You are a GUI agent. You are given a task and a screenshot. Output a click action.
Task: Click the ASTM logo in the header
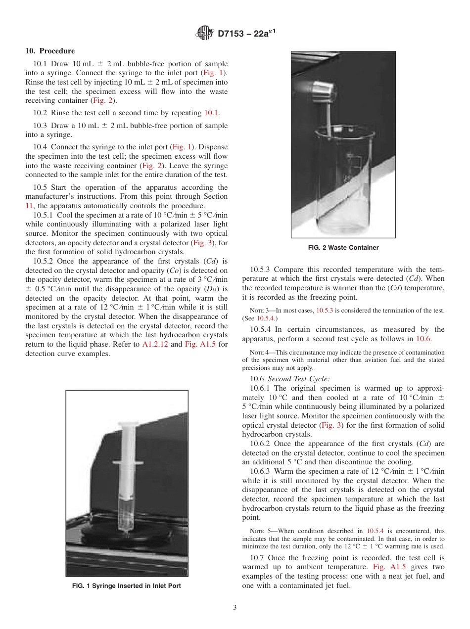204,34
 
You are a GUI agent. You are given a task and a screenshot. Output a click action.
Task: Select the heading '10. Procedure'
50,51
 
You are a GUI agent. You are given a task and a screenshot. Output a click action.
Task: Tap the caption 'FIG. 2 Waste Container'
343,248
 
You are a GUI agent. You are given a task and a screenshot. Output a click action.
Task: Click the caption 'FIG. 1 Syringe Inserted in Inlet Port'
127,586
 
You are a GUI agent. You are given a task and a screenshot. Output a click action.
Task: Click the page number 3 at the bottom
235,608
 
